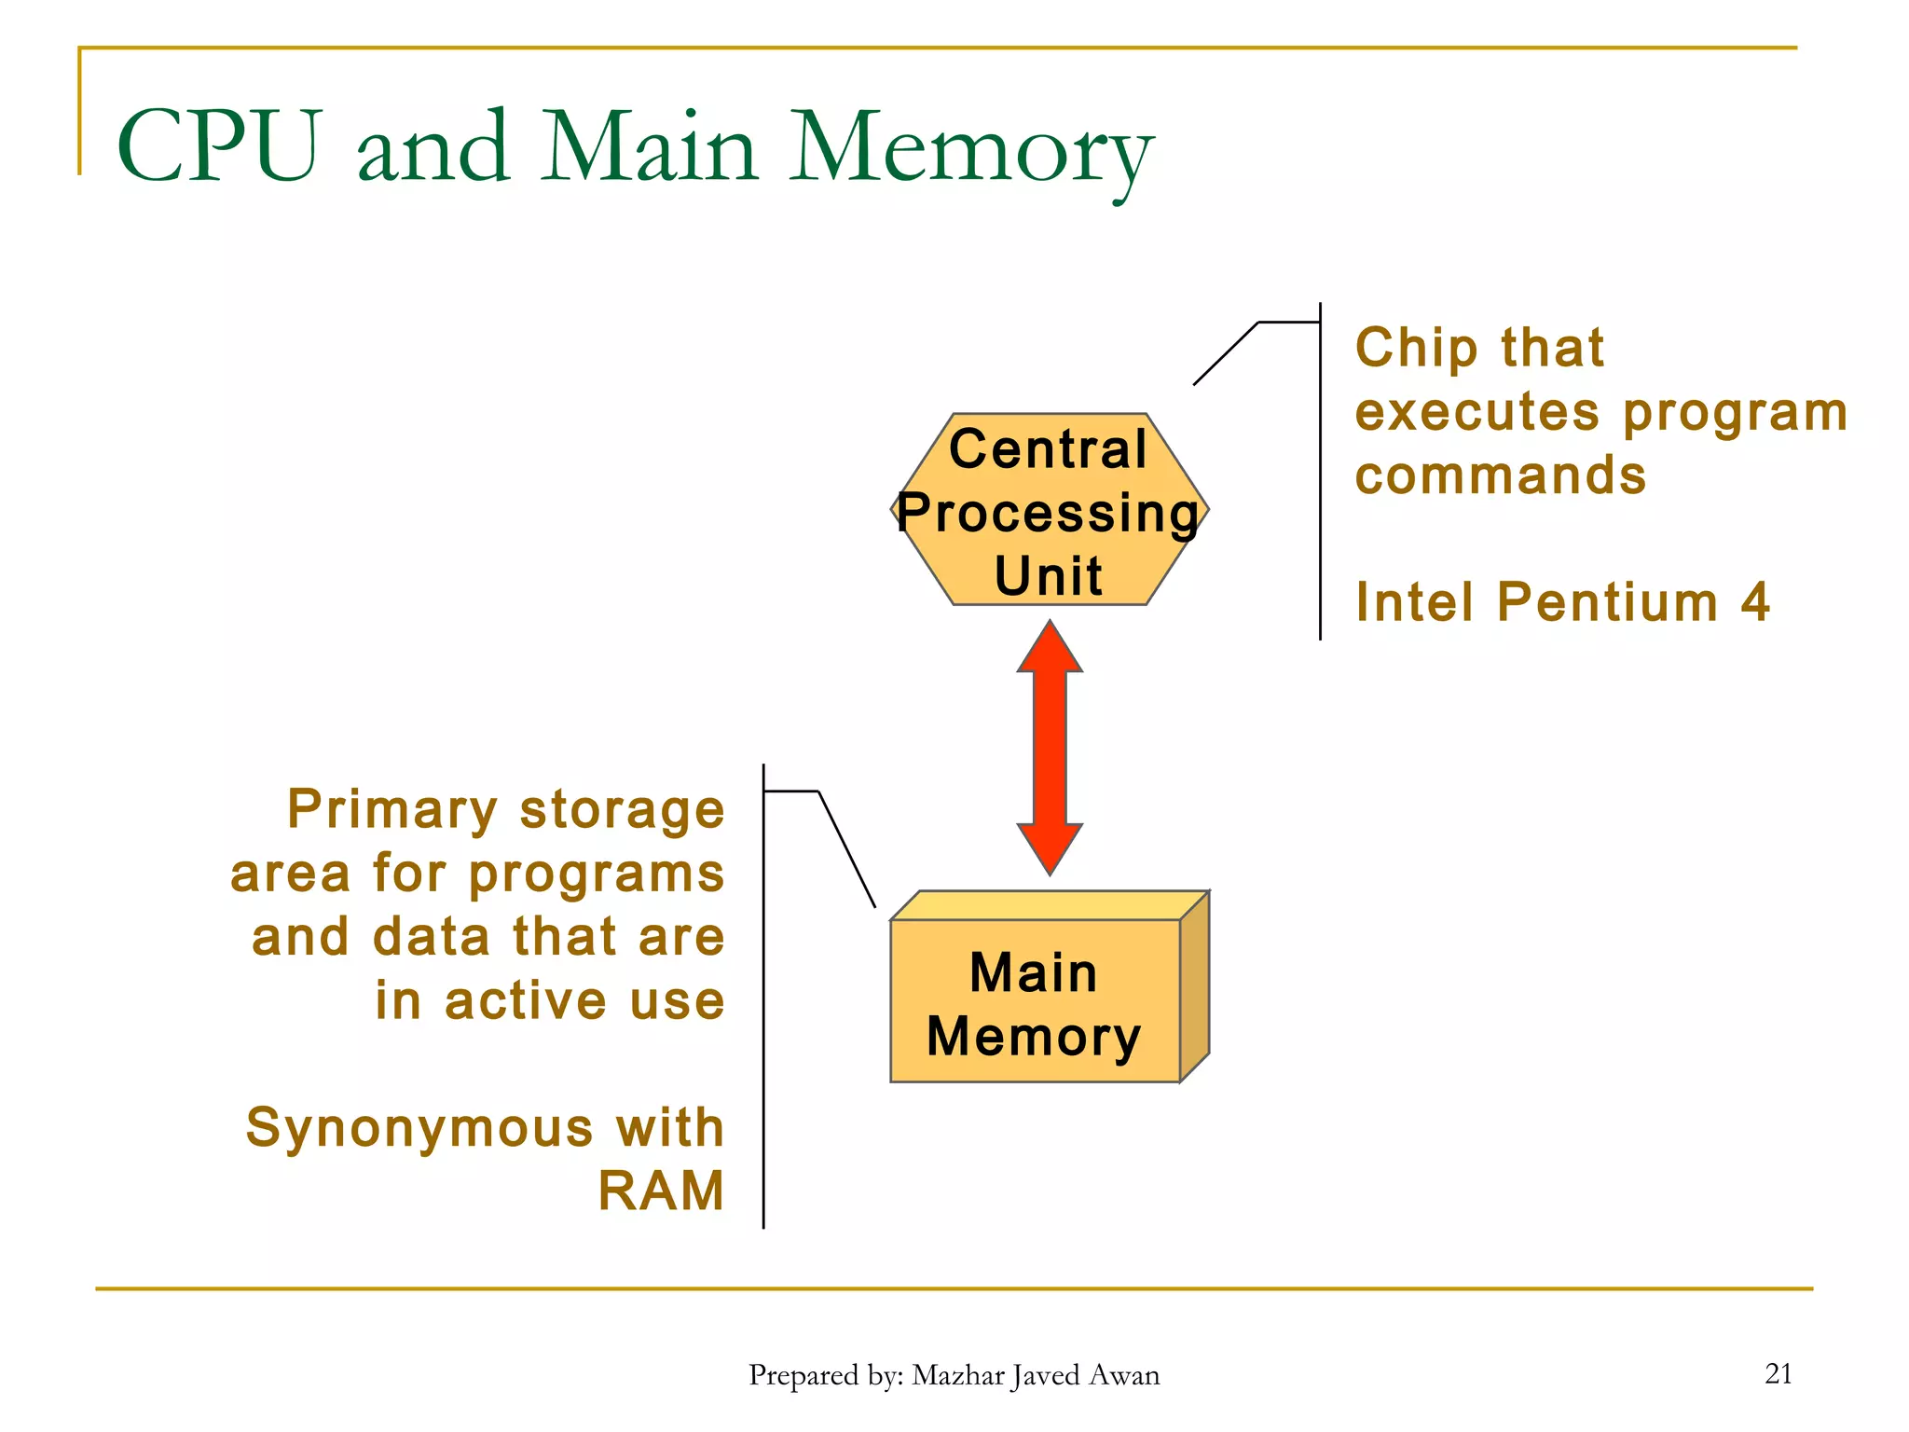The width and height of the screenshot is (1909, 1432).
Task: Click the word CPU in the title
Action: point(220,146)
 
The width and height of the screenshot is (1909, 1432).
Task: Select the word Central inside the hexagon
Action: point(1048,449)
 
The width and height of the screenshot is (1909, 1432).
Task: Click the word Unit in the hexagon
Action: point(1048,575)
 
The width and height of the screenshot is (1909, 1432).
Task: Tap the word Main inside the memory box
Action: point(1033,973)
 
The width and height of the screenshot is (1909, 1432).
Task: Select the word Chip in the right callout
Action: point(1416,348)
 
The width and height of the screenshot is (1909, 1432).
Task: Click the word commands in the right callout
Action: point(1500,475)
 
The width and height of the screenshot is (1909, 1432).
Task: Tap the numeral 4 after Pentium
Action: point(1754,602)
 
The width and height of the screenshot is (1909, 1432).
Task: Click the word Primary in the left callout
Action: point(391,809)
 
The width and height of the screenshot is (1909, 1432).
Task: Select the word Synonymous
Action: point(419,1128)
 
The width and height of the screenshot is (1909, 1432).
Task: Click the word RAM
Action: point(660,1191)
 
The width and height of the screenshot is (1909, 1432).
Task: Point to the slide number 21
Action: point(1778,1373)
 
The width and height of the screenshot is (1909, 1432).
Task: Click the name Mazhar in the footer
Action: point(956,1375)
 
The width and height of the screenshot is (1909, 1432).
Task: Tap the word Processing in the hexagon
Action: point(1048,514)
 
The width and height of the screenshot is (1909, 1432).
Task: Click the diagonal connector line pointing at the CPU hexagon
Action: point(1225,354)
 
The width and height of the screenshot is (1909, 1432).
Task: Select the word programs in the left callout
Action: point(596,874)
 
